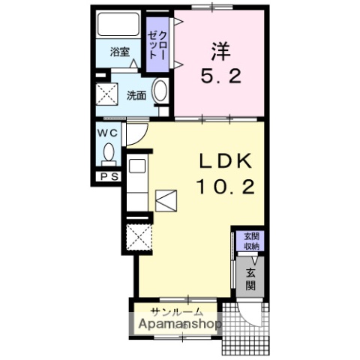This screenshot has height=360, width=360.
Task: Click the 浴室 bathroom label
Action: point(120,52)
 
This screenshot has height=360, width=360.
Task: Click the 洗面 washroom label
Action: point(136,95)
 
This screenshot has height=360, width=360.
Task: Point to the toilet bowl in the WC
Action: point(109,156)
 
